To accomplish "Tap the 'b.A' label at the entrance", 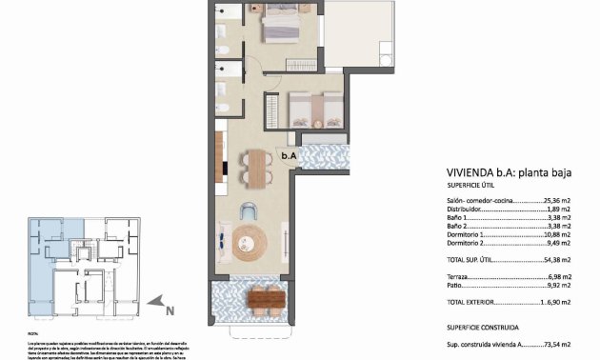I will pos(287,154).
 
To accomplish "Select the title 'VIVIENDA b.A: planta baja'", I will pos(501,172).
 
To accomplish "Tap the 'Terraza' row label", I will pos(460,275).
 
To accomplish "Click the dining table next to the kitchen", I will pos(253,168).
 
